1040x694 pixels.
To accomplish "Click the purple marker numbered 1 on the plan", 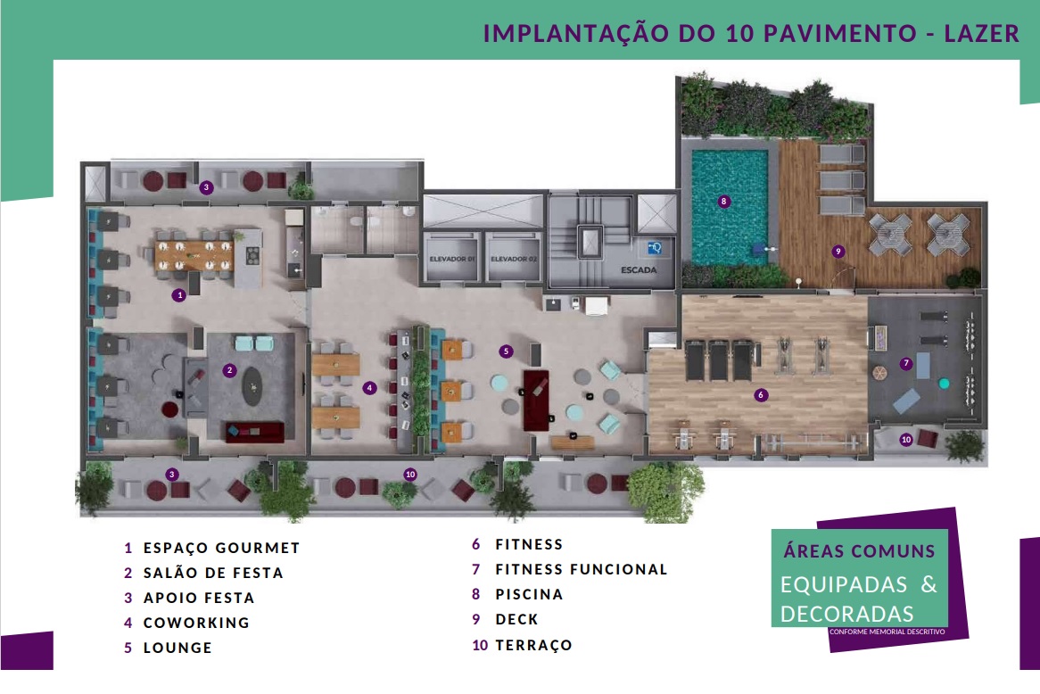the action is click(178, 295).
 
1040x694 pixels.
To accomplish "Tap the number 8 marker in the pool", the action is click(723, 201).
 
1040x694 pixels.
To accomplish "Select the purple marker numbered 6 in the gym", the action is click(761, 395).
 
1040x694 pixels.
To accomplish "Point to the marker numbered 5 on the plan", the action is click(506, 351).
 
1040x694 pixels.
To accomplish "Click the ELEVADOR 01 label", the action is click(452, 259).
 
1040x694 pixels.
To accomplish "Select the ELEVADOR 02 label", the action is click(514, 259).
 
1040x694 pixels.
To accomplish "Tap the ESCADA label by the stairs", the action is click(639, 270).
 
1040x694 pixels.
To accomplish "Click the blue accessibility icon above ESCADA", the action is click(655, 249).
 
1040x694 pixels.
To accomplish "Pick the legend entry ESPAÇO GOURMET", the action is click(221, 548).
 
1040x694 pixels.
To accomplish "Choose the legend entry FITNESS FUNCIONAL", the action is click(582, 569).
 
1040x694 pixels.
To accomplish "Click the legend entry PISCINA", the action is click(529, 594).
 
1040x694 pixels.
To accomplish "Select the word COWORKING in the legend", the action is click(196, 623).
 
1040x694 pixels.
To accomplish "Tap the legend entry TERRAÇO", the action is click(534, 645).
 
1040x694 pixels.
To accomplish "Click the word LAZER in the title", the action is click(982, 33).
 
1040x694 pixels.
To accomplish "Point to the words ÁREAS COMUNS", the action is click(860, 550).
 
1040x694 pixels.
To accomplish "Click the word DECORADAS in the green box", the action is click(847, 614).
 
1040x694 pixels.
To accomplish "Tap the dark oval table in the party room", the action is click(252, 386).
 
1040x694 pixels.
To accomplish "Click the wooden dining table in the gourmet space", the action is click(194, 255).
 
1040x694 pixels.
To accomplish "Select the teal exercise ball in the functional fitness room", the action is click(944, 383).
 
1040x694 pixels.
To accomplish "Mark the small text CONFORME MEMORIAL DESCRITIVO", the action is click(887, 632).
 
